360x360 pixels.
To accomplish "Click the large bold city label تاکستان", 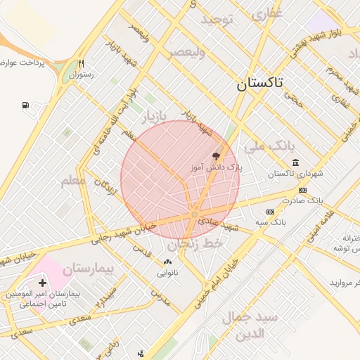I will (x=259, y=84).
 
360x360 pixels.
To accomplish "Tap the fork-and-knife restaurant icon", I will (x=82, y=63).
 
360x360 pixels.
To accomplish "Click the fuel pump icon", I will (x=26, y=105).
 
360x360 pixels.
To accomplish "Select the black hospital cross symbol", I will (x=43, y=282).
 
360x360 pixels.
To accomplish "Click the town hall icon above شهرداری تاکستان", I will (x=295, y=162).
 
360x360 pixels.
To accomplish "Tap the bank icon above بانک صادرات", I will (x=303, y=190).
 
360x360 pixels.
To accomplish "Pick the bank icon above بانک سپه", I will (x=270, y=212).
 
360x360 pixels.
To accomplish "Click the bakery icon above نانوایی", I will (x=167, y=262).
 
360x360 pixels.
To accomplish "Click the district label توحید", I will (x=217, y=20).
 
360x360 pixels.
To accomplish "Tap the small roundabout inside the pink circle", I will (x=195, y=214).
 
